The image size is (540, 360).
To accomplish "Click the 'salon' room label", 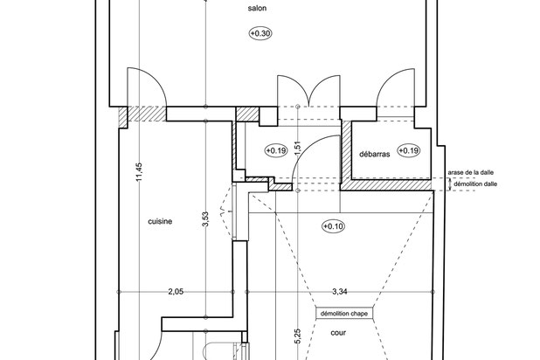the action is click(257, 8).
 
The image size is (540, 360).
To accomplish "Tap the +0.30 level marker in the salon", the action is click(260, 33).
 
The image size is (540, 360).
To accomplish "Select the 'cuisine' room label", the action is click(160, 222).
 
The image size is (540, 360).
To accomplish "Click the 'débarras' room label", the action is click(375, 154).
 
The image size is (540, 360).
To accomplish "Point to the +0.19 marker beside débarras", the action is click(408, 150).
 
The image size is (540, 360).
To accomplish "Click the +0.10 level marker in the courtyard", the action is click(334, 226).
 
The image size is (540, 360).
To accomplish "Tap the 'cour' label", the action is click(338, 333).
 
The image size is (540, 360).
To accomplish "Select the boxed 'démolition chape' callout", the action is click(344, 314).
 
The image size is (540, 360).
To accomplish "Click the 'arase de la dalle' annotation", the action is click(471, 172).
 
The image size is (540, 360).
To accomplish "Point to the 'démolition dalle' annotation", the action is click(475, 184).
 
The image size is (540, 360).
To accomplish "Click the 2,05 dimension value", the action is click(176, 292).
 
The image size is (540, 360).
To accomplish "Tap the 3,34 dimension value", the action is click(340, 292).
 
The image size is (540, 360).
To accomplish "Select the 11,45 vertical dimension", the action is click(139, 171).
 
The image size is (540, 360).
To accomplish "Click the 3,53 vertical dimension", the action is click(205, 219).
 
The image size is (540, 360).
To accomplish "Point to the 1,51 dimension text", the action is click(298, 148).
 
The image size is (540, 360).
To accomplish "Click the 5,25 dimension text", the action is click(298, 336).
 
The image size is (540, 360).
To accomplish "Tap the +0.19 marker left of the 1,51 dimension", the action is click(276, 150).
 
